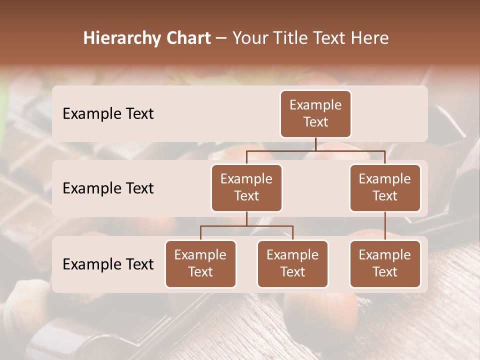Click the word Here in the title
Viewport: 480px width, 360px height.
coord(370,38)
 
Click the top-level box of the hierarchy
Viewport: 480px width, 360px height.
coord(315,113)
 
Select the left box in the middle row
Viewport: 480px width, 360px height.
coord(246,187)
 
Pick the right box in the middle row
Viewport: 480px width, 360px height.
coord(385,187)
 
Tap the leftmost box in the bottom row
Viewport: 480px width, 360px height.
coord(200,263)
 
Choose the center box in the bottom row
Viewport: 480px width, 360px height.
coord(292,263)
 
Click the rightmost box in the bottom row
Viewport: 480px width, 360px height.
coord(385,263)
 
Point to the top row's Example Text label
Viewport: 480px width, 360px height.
coord(108,114)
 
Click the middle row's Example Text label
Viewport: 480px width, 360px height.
coord(108,188)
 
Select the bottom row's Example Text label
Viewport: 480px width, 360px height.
coord(108,264)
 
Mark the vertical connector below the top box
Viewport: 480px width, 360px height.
coord(315,144)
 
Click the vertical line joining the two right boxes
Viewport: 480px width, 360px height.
coord(385,226)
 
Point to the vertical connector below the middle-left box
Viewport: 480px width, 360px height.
coord(246,218)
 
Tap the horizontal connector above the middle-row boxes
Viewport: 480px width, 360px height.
coord(315,150)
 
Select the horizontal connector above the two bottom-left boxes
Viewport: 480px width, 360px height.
coord(246,226)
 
